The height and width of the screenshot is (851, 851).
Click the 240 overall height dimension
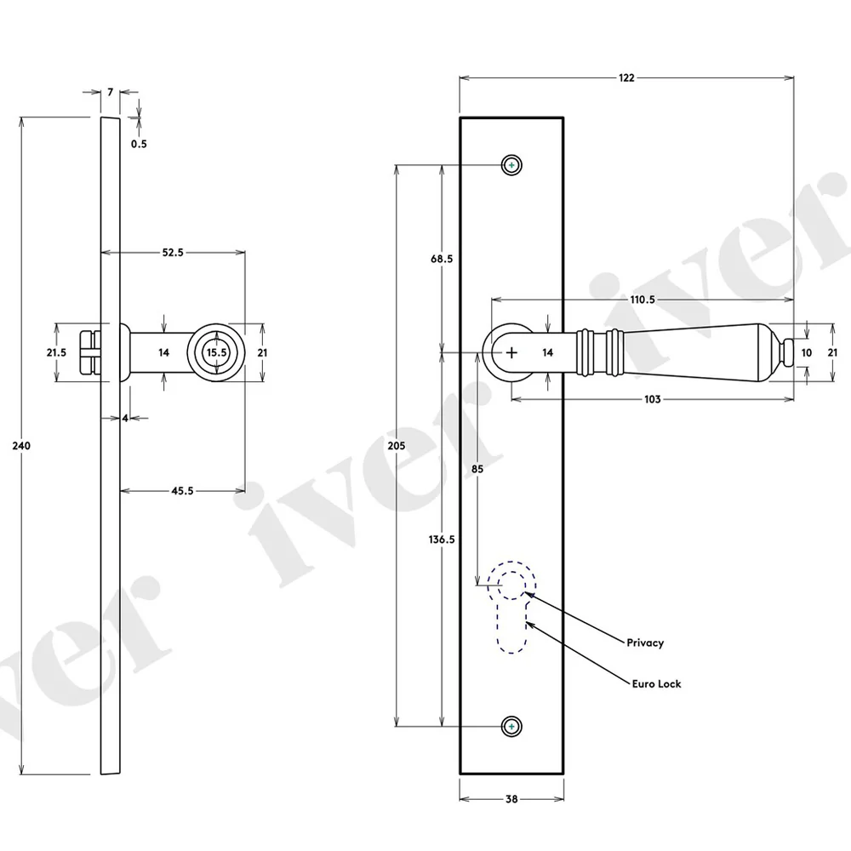(21, 446)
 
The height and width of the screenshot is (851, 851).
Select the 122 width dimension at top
(626, 77)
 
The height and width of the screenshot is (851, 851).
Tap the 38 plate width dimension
(511, 799)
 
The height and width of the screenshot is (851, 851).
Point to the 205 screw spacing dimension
(397, 446)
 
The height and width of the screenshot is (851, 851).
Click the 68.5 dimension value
(442, 259)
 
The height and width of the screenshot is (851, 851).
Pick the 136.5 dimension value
(442, 540)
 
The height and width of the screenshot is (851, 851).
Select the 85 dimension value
(477, 469)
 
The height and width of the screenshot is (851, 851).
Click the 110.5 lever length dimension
(643, 300)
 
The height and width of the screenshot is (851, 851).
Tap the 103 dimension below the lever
(653, 399)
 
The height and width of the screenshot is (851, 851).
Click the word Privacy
(645, 643)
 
